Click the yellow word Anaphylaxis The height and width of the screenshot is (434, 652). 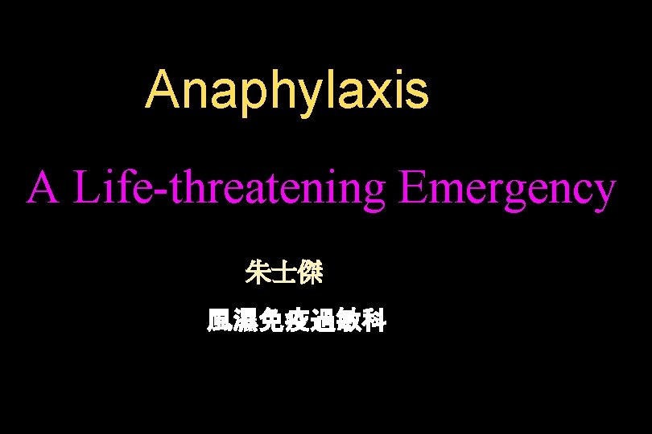pyautogui.click(x=287, y=90)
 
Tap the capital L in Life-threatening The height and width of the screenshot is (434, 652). pyautogui.click(x=85, y=190)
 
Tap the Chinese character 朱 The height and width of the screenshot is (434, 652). pyautogui.click(x=258, y=274)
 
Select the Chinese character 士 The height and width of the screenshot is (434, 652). pyautogui.click(x=284, y=274)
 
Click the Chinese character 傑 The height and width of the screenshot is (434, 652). pyautogui.click(x=310, y=274)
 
